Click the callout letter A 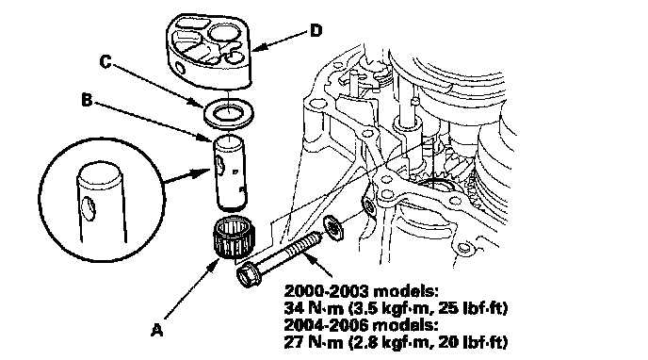point(157,330)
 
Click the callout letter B point(87,100)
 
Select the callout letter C point(105,61)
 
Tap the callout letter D point(316,30)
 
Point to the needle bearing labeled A point(234,237)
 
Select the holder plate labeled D point(209,51)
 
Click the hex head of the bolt point(248,274)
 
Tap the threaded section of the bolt point(303,245)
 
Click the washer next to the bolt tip point(334,227)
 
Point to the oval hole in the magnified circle point(89,208)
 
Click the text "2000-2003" point(326,291)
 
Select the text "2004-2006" point(326,325)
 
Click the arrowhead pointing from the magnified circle point(202,172)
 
